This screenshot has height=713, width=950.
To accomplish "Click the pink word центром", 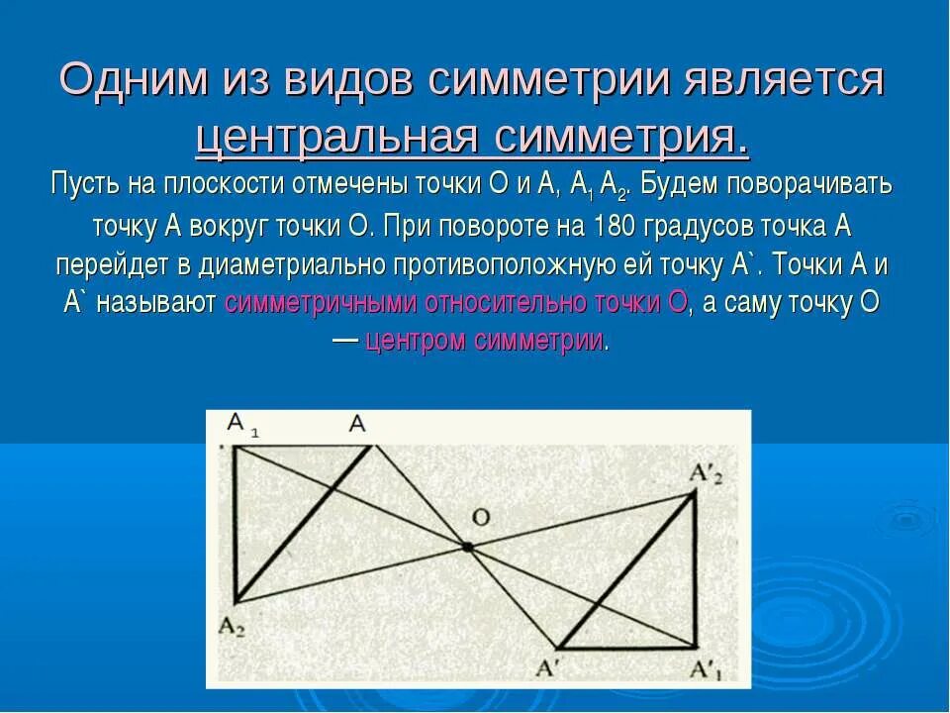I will coord(416,342).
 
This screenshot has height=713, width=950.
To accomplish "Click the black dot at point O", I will coord(467,546).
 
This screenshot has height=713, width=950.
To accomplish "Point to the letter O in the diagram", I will coord(480,516).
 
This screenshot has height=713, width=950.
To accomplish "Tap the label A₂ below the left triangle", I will coord(233,627).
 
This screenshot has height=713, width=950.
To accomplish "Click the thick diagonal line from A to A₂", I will coord(303,523).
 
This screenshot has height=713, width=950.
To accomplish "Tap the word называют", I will coord(158,303).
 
